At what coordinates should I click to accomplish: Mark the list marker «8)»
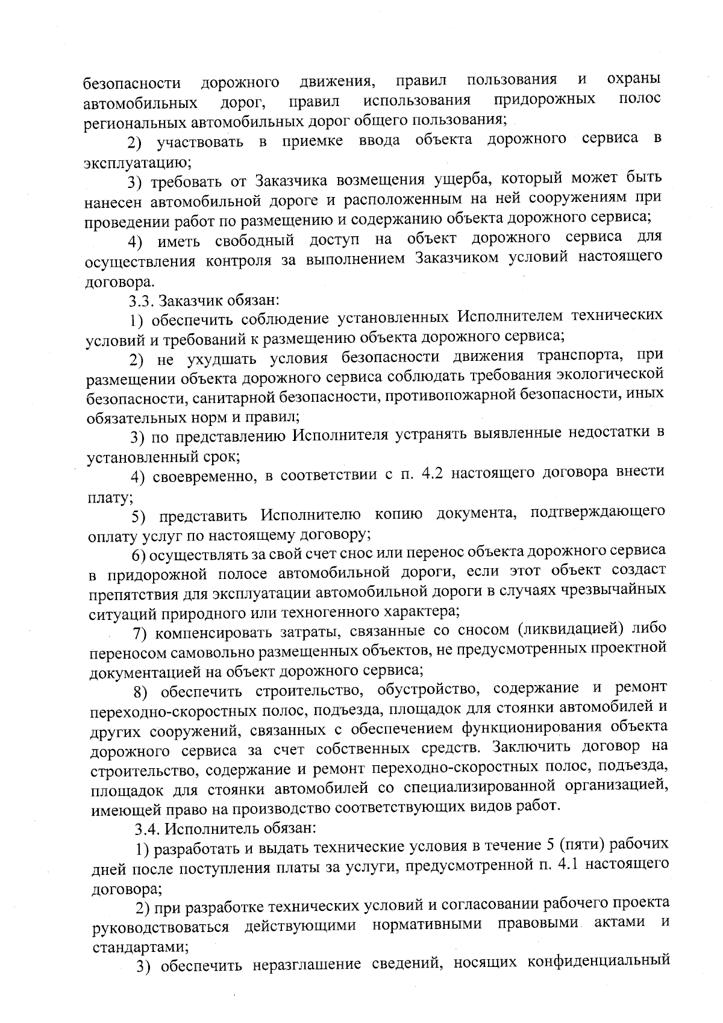(x=142, y=692)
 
